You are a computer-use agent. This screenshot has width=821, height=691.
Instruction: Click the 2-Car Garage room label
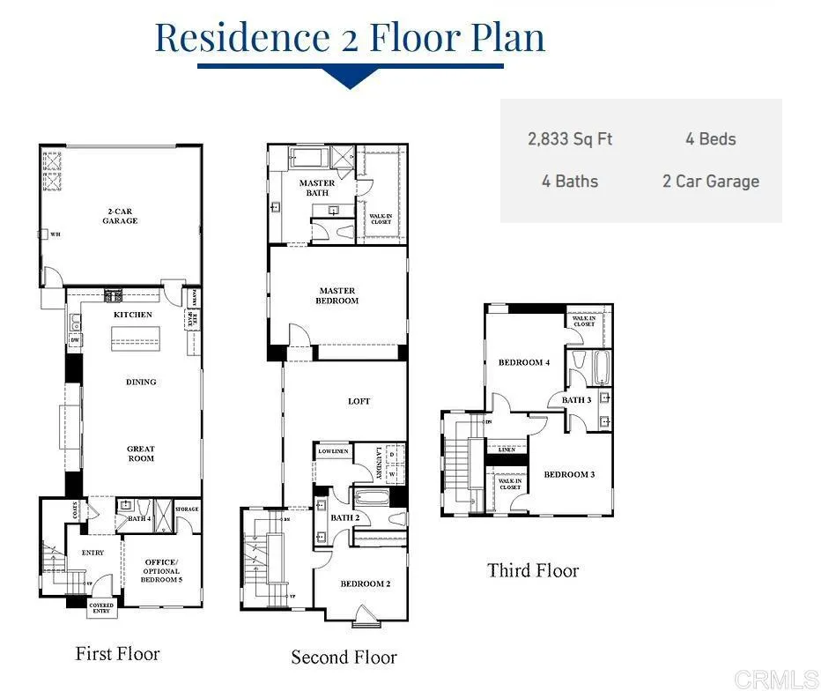click(120, 216)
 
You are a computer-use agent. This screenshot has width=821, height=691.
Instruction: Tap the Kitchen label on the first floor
click(133, 315)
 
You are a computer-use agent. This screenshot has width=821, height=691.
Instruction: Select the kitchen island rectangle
click(135, 338)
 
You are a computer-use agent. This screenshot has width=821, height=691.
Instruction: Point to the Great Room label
click(141, 454)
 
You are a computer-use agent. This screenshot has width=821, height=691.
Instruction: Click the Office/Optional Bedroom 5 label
click(160, 570)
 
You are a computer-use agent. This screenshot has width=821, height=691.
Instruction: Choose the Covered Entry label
click(101, 608)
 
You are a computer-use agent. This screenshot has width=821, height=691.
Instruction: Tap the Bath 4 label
click(139, 518)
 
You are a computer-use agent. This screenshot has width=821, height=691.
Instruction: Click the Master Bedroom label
click(337, 295)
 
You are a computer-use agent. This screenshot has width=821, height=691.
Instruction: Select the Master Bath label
click(317, 188)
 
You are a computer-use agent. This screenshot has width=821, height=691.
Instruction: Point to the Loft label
click(359, 401)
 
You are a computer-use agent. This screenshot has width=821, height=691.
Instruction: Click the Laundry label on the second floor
click(379, 464)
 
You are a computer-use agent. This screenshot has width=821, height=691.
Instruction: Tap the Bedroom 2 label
click(365, 583)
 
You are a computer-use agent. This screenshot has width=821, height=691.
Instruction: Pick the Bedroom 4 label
click(524, 362)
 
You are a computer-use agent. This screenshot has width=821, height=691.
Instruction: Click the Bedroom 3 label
click(569, 474)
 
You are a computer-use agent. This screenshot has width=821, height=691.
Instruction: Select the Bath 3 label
click(577, 400)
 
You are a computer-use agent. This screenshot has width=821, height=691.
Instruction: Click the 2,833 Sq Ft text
click(570, 139)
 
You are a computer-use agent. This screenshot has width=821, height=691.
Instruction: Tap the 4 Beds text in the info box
click(710, 139)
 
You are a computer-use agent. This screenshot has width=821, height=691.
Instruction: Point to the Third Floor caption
click(533, 570)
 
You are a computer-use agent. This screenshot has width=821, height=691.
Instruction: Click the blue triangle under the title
click(350, 79)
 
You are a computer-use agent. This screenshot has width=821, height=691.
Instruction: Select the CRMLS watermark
click(775, 679)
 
